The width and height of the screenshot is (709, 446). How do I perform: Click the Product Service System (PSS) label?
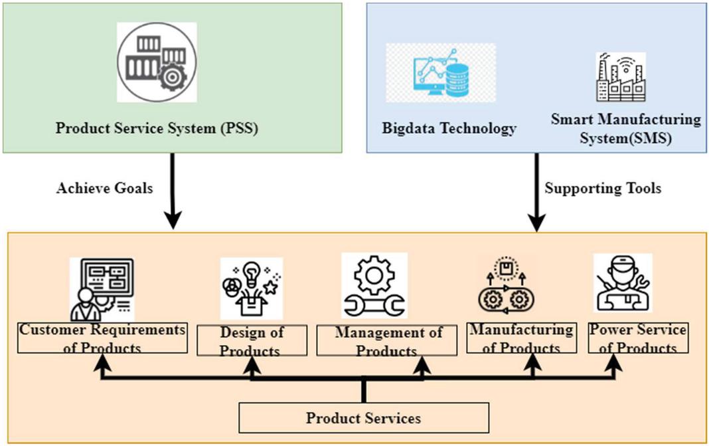click(156, 128)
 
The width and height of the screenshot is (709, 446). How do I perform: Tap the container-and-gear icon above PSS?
click(157, 62)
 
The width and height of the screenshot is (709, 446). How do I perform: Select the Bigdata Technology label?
click(449, 128)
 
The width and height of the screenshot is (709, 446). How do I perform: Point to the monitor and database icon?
click(441, 73)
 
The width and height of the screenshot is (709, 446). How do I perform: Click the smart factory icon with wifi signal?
click(618, 77)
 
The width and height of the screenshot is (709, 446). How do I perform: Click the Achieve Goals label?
click(104, 188)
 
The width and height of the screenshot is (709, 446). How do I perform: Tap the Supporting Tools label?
click(603, 188)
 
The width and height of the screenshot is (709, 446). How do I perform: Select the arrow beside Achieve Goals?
click(173, 191)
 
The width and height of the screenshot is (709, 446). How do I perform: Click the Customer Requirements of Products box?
click(102, 338)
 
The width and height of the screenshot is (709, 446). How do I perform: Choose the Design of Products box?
click(252, 340)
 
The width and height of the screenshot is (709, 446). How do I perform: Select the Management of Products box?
click(386, 340)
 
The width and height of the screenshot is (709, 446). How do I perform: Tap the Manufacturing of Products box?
click(521, 338)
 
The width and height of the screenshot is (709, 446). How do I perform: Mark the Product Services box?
click(363, 418)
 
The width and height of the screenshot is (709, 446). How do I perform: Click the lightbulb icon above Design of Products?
click(251, 288)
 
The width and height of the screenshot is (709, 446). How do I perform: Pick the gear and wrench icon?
click(374, 284)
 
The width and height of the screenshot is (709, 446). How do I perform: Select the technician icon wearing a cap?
click(622, 283)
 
